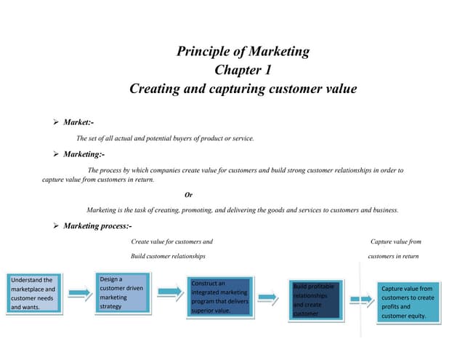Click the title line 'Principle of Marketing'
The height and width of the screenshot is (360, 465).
click(243, 51)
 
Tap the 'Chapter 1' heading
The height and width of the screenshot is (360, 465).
click(243, 70)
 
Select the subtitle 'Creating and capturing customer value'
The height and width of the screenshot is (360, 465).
click(243, 89)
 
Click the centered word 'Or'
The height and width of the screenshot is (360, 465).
click(189, 194)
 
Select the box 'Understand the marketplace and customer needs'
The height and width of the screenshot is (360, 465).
click(33, 293)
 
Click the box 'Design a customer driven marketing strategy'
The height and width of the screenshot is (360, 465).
click(124, 292)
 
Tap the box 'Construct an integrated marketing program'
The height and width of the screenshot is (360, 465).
click(219, 297)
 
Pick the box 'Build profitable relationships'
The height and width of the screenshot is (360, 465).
click(314, 300)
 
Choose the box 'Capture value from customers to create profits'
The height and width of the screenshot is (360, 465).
click(408, 302)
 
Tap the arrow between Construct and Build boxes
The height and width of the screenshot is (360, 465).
click(268, 296)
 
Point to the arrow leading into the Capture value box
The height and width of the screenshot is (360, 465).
click(360, 298)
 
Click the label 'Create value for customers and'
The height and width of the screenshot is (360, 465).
click(171, 241)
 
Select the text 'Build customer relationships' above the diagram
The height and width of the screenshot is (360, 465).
click(168, 256)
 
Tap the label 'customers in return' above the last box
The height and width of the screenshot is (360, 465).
click(393, 256)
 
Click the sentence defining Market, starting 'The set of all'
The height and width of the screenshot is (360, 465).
click(165, 138)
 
